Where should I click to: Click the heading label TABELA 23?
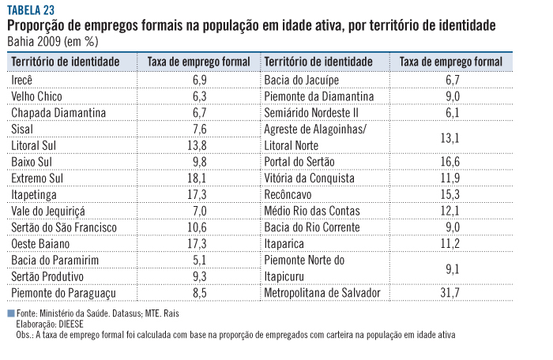pyautogui.click(x=31, y=10)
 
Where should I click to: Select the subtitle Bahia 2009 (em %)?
pyautogui.click(x=54, y=41)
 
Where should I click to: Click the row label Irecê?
pyautogui.click(x=25, y=81)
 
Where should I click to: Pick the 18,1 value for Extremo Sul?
pyautogui.click(x=199, y=179)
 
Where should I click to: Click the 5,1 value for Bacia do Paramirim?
pyautogui.click(x=199, y=261)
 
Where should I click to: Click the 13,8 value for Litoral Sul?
pyautogui.click(x=199, y=146)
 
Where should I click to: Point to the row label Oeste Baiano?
pyautogui.click(x=41, y=244)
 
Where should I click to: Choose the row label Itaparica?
pyautogui.click(x=286, y=244)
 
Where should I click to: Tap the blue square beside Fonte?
pyautogui.click(x=10, y=313)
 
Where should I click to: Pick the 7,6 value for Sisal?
pyautogui.click(x=199, y=129)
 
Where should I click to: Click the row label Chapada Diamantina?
pyautogui.click(x=58, y=113)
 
